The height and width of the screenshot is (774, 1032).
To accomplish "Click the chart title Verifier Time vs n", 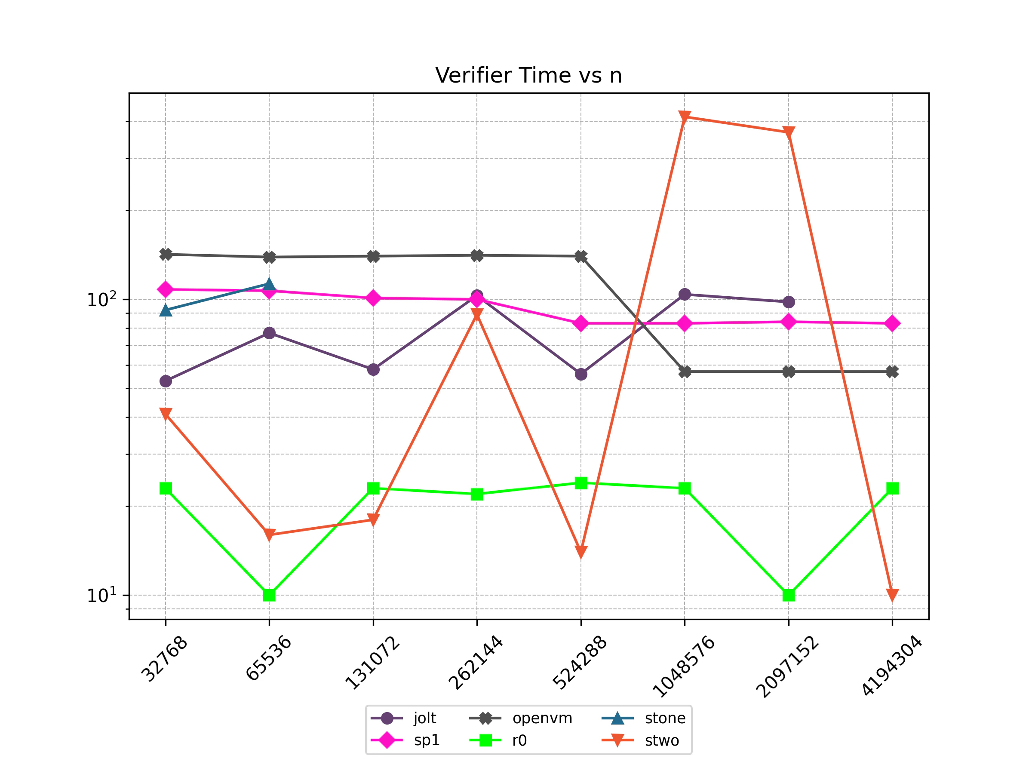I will tap(528, 76).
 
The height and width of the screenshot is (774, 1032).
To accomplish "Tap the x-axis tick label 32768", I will tap(164, 659).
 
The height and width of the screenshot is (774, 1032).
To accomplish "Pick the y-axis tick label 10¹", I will tap(101, 595).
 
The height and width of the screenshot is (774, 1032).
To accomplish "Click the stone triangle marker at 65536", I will tap(269, 284).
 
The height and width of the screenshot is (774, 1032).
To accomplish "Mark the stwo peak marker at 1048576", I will tap(685, 117).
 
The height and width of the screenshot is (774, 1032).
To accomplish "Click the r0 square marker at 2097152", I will tap(789, 595).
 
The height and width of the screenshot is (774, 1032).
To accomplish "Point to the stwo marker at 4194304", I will tap(892, 595).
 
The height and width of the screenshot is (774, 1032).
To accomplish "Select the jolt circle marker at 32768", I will tap(166, 381).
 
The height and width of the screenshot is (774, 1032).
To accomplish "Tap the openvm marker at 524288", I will tap(581, 256).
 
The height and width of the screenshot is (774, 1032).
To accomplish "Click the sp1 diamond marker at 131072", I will tap(373, 298).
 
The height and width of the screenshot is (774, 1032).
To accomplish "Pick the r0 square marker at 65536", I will tap(269, 595).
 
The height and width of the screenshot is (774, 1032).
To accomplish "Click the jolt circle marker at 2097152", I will tap(789, 302).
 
